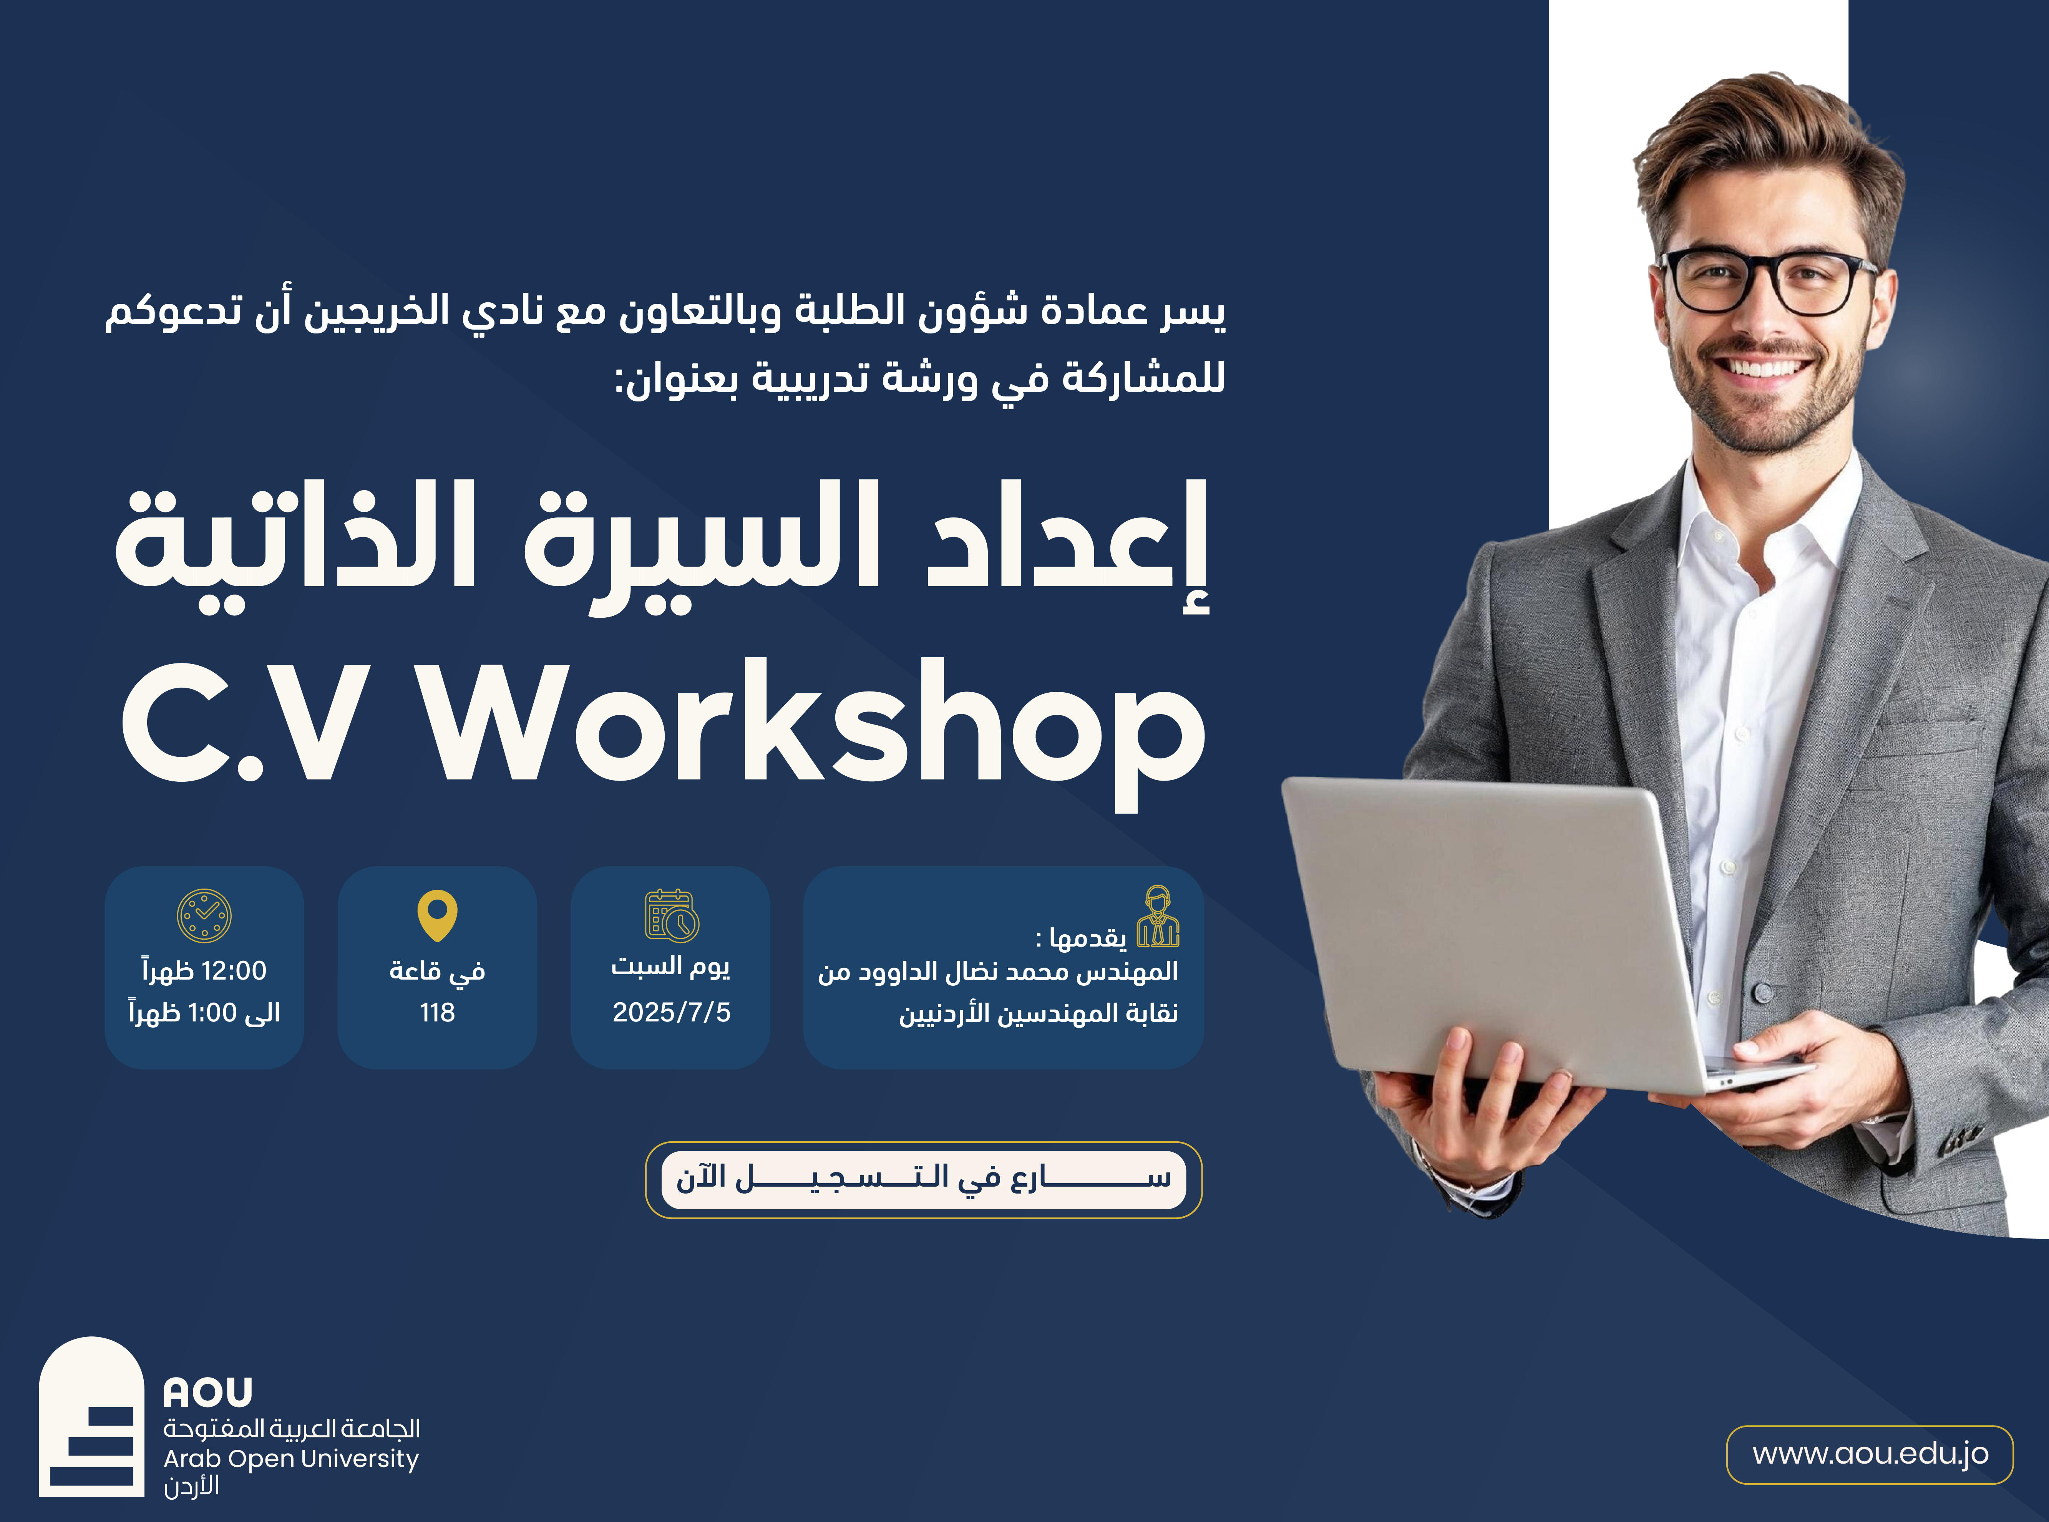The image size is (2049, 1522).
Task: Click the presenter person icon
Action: pyautogui.click(x=1158, y=917)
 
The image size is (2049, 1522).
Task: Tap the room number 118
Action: pyautogui.click(x=438, y=1013)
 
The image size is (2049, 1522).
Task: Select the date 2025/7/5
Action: pyautogui.click(x=672, y=1013)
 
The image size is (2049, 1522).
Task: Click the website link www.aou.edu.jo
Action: pyautogui.click(x=1870, y=1455)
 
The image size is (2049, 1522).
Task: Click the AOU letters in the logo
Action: pyautogui.click(x=208, y=1392)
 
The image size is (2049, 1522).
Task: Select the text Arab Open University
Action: pyautogui.click(x=291, y=1459)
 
